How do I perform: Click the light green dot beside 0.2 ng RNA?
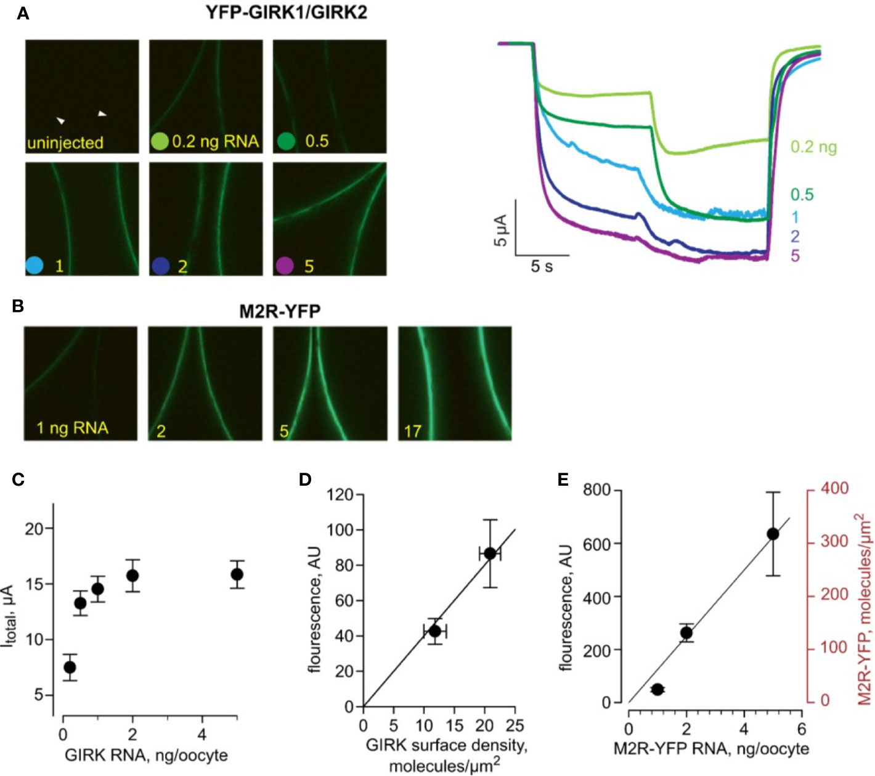(160, 142)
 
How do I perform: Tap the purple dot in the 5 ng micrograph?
(285, 266)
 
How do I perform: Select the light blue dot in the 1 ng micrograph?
(35, 266)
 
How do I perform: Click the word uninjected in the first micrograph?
(65, 142)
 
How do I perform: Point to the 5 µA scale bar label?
(500, 231)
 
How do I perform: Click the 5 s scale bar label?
(542, 267)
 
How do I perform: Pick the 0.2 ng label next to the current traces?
(813, 147)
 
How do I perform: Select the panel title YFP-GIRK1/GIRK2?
(285, 12)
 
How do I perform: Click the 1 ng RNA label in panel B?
(72, 427)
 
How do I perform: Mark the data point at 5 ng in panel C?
(237, 574)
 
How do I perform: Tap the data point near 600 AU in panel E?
(773, 534)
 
